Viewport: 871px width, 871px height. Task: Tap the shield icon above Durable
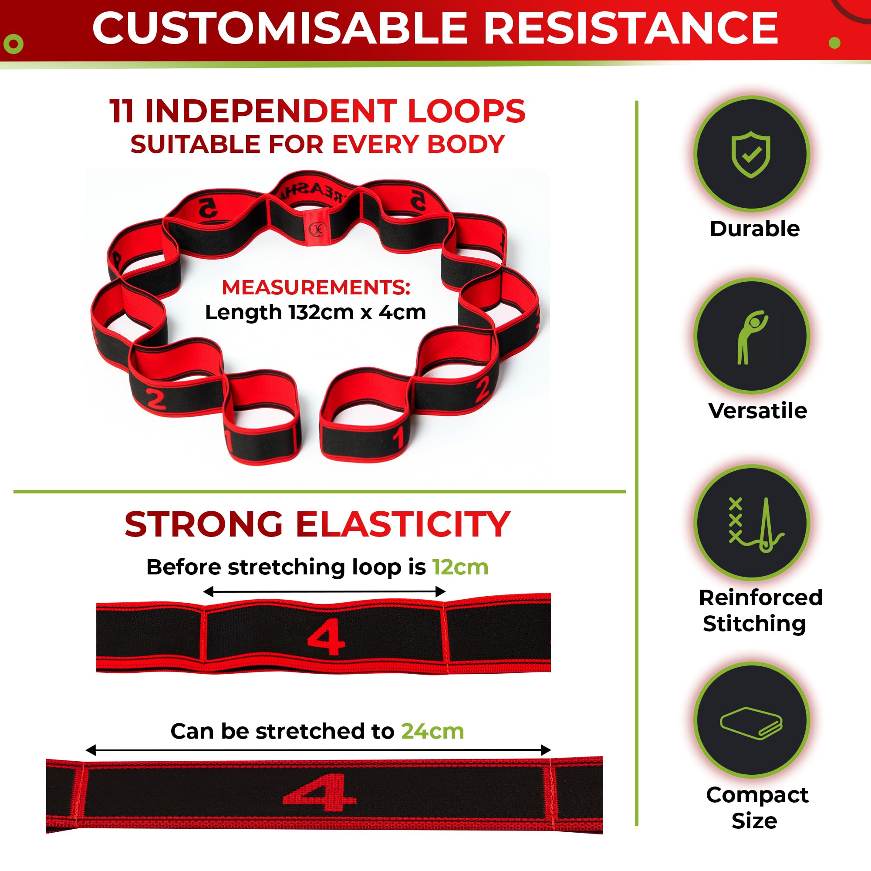[x=751, y=154]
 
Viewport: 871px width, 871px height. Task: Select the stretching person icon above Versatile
[x=751, y=337]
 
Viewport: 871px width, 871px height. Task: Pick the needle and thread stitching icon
[x=756, y=525]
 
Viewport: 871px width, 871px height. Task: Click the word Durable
[x=755, y=229]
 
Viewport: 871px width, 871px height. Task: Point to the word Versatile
[x=757, y=410]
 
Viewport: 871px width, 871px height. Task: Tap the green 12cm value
[x=460, y=567]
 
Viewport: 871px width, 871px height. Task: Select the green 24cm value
[x=432, y=731]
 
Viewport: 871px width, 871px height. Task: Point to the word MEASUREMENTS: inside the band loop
[x=316, y=287]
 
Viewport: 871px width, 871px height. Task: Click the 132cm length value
[x=321, y=312]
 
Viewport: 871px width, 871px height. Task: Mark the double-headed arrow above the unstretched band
[x=324, y=591]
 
